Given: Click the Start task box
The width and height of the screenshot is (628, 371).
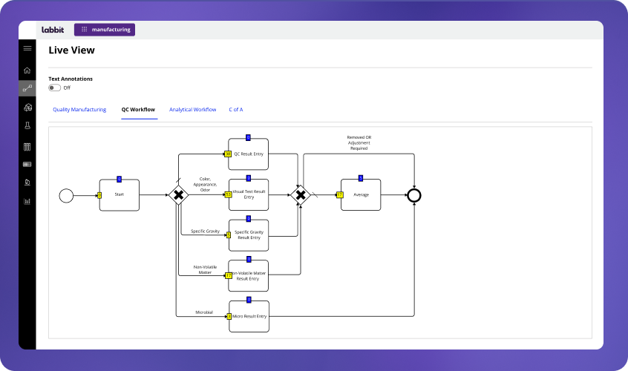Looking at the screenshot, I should coord(119,195).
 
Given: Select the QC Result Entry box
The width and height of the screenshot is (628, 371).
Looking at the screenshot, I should coord(248,154).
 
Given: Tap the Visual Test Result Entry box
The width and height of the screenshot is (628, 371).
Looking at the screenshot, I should coord(248,195).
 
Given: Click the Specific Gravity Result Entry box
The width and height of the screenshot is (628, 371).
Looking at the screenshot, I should coord(248,235).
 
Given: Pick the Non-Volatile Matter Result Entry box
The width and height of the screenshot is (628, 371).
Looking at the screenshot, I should coord(248,275).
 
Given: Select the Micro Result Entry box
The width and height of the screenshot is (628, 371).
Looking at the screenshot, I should coord(248,316).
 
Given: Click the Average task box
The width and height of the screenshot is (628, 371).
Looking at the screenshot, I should coord(361,195).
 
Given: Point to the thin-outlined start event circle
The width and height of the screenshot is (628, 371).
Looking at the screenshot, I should coord(66,195).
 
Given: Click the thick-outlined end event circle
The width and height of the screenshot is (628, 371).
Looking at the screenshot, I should coord(414,195).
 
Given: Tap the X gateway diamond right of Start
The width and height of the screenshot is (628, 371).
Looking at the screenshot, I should coord(178,195).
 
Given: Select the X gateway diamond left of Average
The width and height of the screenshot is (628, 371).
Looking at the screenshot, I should coord(301,195).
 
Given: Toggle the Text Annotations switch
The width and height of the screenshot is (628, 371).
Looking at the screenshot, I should coord(54,88).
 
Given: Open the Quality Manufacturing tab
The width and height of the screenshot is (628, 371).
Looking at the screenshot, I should coord(79,110).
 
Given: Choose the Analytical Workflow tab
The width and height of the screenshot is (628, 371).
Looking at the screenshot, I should coord(192,110).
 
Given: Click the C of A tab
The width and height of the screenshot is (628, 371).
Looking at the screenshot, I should coord(236,110).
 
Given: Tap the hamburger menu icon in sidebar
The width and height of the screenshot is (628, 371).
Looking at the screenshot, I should coord(27,48).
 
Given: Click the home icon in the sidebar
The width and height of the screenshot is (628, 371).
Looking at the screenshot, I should coord(27,70).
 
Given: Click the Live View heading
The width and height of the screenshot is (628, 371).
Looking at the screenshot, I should coord(71,50).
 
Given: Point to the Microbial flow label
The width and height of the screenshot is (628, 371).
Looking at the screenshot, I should coord(204,312).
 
